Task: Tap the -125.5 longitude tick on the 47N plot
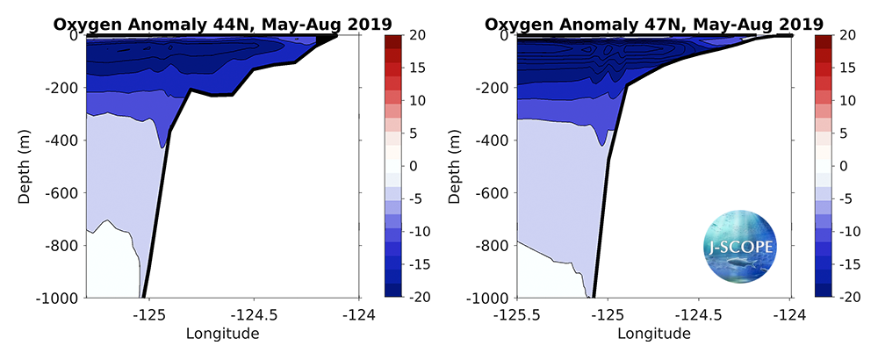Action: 516,313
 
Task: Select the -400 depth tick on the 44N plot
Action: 63,140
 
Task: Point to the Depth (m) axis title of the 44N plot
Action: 24,166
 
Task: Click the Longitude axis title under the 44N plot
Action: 222,334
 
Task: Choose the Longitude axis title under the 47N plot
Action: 653,334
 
